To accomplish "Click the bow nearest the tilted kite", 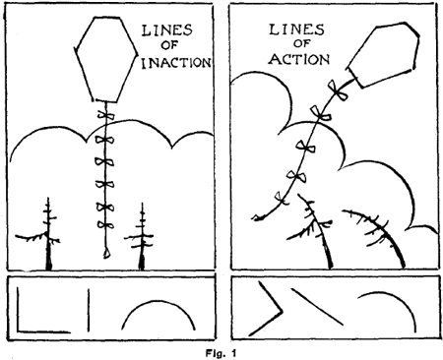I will [340, 90].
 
